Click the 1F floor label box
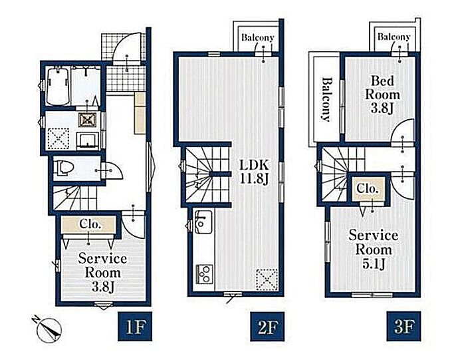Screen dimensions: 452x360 pos(135,326)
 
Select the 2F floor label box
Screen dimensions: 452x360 pos(267,326)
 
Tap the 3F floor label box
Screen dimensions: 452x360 pos(403,326)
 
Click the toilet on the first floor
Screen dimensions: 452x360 pos(64,168)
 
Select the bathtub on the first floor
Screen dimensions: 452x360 pos(58,87)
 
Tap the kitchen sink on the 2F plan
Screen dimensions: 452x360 pos(203,222)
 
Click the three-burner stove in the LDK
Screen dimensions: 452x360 pos(204,273)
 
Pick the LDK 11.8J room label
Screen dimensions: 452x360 pos(255,172)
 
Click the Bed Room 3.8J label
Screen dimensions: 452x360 pos(382,94)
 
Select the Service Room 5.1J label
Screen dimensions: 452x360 pos(374,249)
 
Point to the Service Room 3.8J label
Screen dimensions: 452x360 pos(102,272)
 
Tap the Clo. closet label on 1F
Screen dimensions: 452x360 pos(90,224)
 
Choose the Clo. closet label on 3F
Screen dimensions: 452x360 pos(367,188)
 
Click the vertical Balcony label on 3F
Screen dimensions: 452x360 pos(326,99)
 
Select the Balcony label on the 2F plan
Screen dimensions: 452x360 pos(257,37)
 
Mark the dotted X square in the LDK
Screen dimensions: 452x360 pos(267,279)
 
